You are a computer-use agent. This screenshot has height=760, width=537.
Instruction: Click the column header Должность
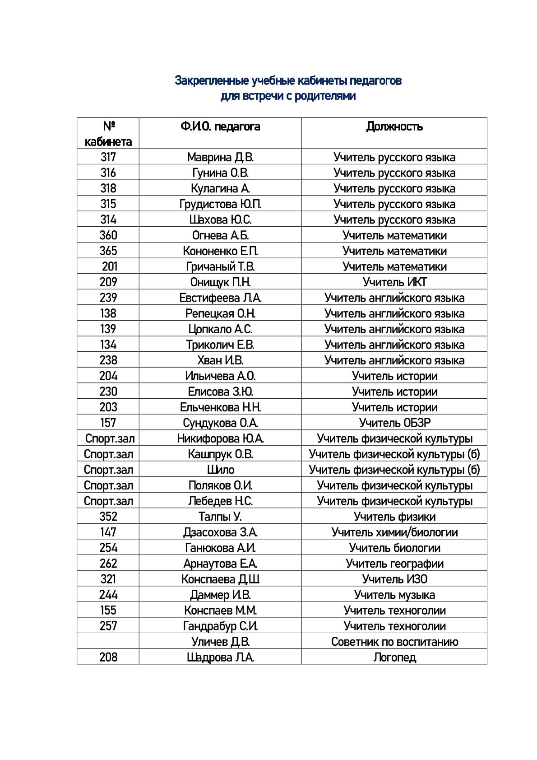[x=394, y=126]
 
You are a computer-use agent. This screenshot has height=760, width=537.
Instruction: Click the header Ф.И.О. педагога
[x=220, y=126]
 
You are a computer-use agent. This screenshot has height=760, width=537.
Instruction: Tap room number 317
[x=108, y=157]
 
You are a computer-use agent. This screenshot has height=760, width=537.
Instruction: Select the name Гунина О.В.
[x=220, y=173]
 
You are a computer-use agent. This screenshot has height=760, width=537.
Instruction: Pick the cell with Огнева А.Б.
[x=220, y=235]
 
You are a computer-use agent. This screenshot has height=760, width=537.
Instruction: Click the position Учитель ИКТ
[x=394, y=282]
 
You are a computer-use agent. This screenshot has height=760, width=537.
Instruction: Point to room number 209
[x=108, y=282]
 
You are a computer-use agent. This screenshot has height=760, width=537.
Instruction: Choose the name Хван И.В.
[x=220, y=360]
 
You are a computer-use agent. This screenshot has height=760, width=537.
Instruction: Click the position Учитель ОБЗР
[x=394, y=423]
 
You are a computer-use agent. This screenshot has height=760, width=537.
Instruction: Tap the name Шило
[x=221, y=470]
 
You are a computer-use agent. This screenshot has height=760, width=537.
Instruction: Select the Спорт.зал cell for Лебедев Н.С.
[x=108, y=501]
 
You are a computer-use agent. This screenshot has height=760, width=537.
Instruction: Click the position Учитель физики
[x=394, y=517]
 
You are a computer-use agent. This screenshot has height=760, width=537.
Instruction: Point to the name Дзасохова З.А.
[x=220, y=532]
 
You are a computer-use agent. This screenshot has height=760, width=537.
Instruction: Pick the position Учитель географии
[x=394, y=564]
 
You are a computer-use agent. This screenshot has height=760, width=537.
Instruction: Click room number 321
[x=108, y=579]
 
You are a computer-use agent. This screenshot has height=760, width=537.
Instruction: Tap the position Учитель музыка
[x=394, y=595]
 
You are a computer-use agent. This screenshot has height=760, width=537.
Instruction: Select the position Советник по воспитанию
[x=394, y=642]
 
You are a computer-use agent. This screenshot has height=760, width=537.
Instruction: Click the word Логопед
[x=394, y=657]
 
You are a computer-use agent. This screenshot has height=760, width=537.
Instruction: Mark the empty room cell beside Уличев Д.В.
[x=108, y=642]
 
